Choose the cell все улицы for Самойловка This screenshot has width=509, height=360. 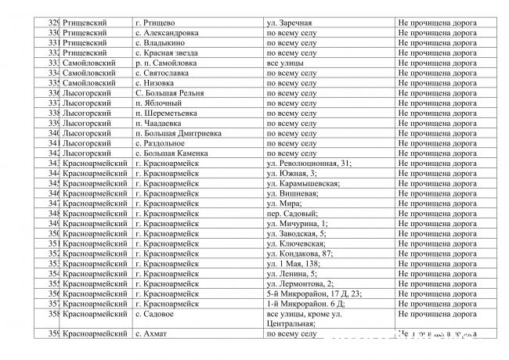pos(283,63)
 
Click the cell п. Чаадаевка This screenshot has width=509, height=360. pos(158,123)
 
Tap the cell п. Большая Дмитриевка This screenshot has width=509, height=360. pos(178,133)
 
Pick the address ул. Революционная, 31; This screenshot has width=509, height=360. pos(309,164)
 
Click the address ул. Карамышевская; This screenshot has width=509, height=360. pos(303,183)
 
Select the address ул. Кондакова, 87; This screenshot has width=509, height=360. pos(300,254)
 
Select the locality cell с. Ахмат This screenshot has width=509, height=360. pos(152,334)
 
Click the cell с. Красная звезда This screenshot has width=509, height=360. pos(167,52)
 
